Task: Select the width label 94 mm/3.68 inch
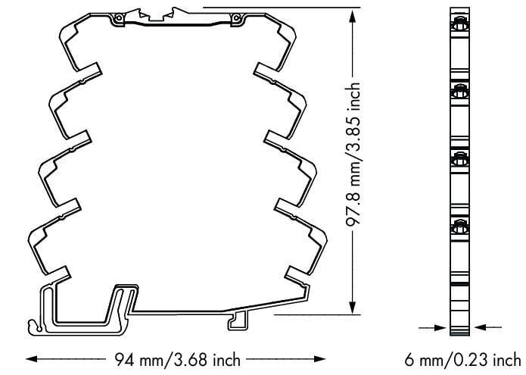pos(179,358)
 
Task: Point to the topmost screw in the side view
pos(459,27)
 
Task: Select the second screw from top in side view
pos(459,92)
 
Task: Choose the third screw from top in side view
pos(459,158)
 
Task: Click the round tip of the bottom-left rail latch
pos(33,328)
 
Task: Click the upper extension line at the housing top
pos(280,7)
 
